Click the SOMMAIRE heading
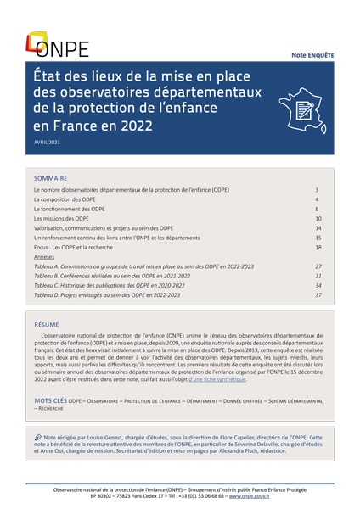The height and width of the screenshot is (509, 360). click(x=50, y=179)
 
